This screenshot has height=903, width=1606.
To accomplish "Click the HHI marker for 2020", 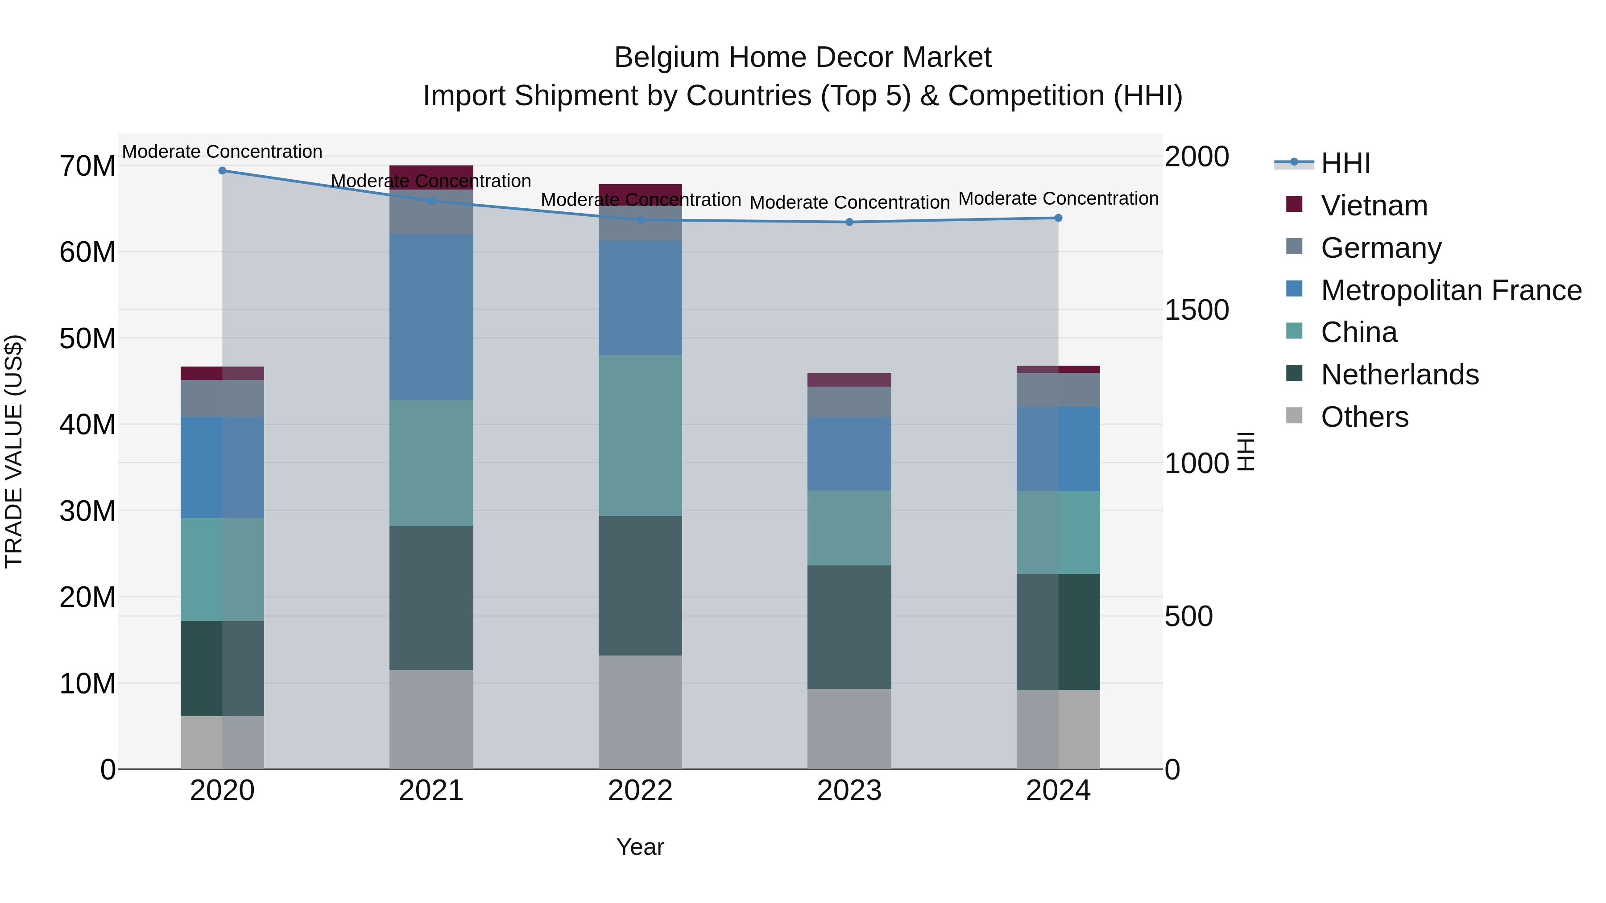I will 222,171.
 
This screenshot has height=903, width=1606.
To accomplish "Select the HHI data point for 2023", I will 849,222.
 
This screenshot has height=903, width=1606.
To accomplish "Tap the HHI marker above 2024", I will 1058,218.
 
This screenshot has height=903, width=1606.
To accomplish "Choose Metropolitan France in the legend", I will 1451,290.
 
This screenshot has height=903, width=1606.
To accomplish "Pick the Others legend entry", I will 1364,417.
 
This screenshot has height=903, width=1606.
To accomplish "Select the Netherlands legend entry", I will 1399,375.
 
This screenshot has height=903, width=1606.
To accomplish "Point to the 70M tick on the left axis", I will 87,166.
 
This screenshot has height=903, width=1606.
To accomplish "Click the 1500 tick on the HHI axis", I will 1196,310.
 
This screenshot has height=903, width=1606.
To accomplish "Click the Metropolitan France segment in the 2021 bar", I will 431,317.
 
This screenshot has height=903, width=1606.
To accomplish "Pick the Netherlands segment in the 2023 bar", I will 849,627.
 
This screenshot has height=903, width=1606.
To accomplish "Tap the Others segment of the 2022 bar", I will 640,712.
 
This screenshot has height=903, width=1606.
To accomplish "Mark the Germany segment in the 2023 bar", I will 849,401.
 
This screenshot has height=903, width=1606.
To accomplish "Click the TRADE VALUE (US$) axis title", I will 14,451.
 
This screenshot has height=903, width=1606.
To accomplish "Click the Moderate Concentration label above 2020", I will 222,152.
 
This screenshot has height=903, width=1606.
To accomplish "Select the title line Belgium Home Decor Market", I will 803,58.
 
